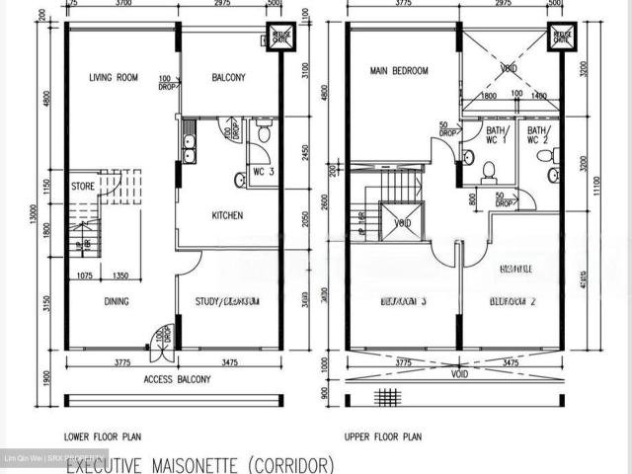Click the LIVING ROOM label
tap(112, 77)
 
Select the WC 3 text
tap(264, 172)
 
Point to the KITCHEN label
tap(227, 214)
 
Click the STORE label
tap(84, 185)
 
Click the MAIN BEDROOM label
tap(398, 71)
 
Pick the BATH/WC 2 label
tap(538, 135)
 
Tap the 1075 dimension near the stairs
tap(84, 276)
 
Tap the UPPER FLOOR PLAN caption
tap(383, 435)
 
